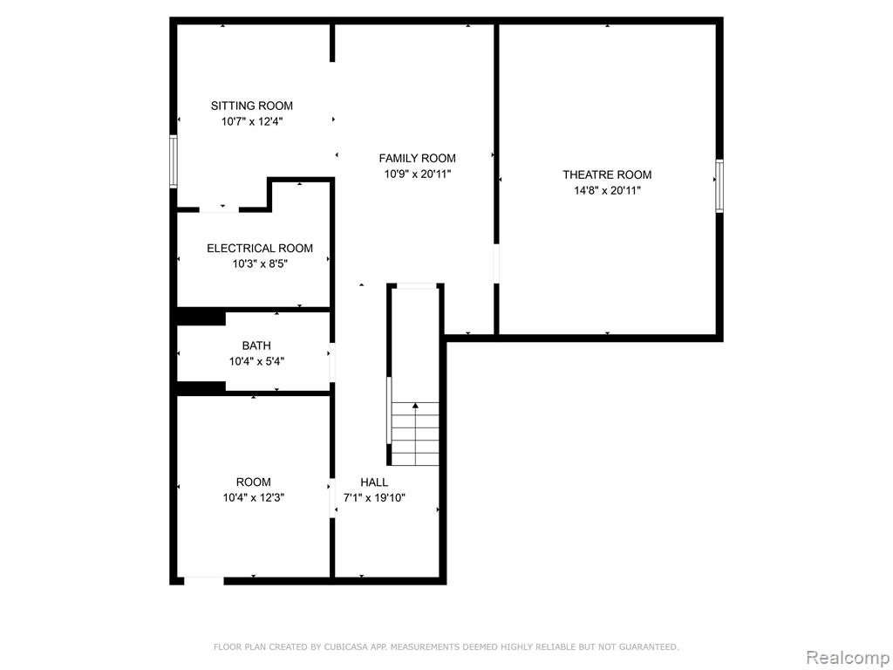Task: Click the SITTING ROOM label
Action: tap(252, 106)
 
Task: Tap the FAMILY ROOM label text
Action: tap(418, 159)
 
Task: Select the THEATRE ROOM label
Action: tap(607, 174)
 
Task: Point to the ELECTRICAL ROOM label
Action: tap(260, 249)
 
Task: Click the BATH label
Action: tap(256, 345)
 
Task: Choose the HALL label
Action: tap(374, 482)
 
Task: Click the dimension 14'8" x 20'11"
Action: tap(607, 191)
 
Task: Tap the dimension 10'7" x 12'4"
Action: tap(252, 121)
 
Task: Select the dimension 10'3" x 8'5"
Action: tap(260, 264)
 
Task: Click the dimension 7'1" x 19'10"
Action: tap(374, 498)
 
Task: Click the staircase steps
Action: tap(415, 434)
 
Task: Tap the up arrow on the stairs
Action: tap(415, 405)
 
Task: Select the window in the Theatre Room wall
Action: tap(719, 187)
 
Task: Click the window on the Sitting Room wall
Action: tap(174, 161)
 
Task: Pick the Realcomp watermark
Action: tap(848, 658)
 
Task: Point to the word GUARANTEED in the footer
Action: tap(649, 647)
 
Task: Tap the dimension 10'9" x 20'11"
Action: tap(418, 174)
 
